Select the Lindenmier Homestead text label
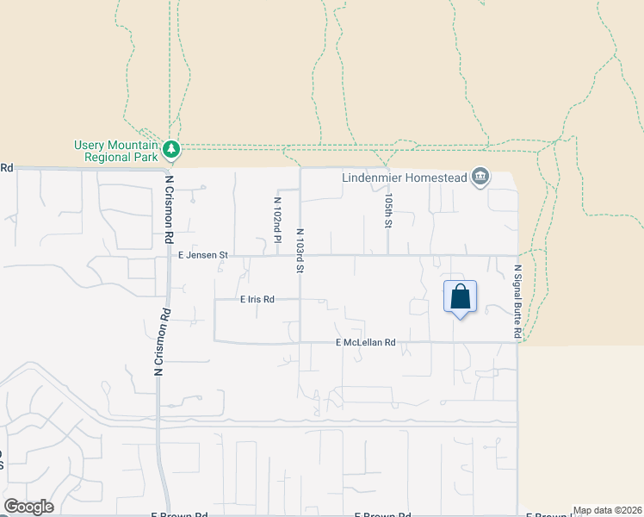(x=404, y=178)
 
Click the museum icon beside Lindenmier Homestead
(x=480, y=178)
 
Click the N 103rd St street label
(x=300, y=249)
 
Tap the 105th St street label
(x=388, y=210)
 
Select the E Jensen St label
(x=202, y=255)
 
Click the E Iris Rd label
(x=257, y=300)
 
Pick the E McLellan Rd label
(x=365, y=342)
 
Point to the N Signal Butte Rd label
(x=518, y=301)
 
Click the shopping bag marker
(x=461, y=297)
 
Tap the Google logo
(x=28, y=507)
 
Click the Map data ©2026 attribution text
(x=607, y=510)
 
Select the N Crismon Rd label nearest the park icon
(x=170, y=211)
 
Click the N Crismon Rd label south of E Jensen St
(x=160, y=342)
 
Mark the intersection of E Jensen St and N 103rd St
(x=300, y=255)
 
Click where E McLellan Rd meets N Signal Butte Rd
(x=518, y=342)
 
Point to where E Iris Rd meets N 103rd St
(x=300, y=300)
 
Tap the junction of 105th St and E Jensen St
(x=388, y=255)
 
